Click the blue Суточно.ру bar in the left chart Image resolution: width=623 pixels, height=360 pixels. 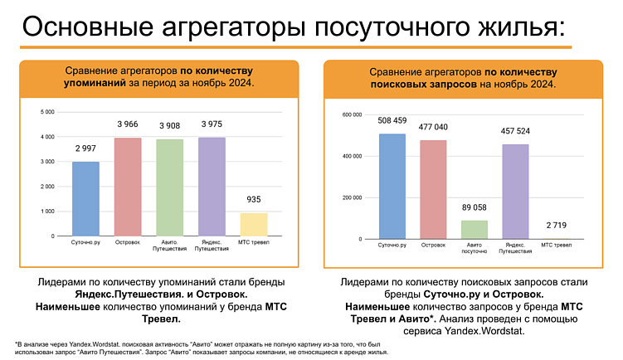click(x=85, y=199)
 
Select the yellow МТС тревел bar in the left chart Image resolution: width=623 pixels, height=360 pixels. click(x=254, y=225)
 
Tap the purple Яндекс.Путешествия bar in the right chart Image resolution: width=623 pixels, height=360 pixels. click(x=516, y=192)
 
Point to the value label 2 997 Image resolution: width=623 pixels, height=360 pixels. click(x=85, y=148)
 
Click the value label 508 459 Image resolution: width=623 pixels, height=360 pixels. click(x=392, y=119)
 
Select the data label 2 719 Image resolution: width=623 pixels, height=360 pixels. click(x=557, y=225)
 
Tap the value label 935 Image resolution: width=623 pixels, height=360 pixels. click(x=254, y=199)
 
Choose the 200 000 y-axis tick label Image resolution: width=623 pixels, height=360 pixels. click(x=352, y=197)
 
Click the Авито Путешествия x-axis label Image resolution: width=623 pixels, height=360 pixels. click(x=169, y=247)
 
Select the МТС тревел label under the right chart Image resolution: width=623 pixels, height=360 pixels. click(x=557, y=246)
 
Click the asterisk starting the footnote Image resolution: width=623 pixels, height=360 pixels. click(x=16, y=343)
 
